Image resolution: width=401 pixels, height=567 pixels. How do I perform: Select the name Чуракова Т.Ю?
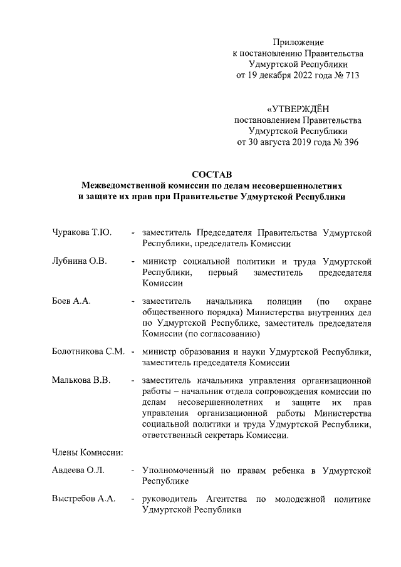(81, 233)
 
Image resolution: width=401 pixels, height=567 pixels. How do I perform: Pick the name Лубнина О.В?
(80, 261)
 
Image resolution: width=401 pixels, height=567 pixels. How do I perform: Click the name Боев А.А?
(71, 300)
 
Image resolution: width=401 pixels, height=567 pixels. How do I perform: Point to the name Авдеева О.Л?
(78, 470)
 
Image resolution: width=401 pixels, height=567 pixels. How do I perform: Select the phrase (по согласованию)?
(219, 334)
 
